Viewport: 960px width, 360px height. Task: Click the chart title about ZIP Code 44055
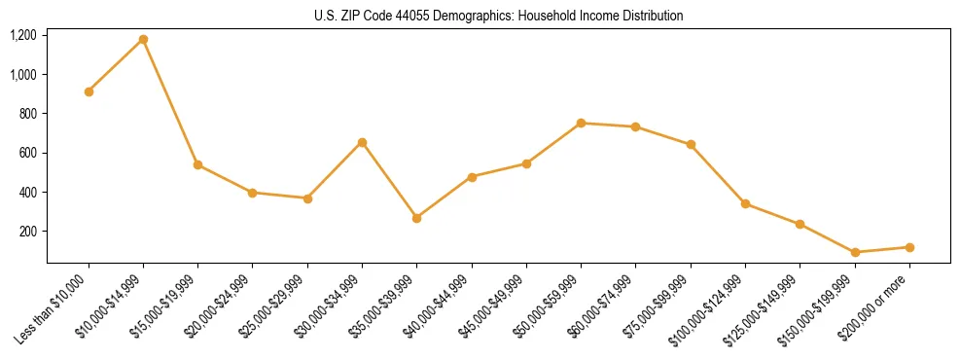pyautogui.click(x=498, y=16)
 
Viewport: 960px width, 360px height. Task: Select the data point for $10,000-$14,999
pyautogui.click(x=143, y=39)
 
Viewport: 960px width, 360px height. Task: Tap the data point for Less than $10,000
pyautogui.click(x=89, y=91)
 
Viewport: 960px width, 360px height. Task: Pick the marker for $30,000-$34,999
pyautogui.click(x=362, y=142)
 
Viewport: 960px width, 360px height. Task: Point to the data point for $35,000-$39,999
pyautogui.click(x=416, y=218)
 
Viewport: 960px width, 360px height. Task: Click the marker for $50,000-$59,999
pyautogui.click(x=581, y=123)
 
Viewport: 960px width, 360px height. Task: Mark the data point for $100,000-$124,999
pyautogui.click(x=745, y=203)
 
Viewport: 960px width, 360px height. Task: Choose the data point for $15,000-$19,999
pyautogui.click(x=197, y=164)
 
